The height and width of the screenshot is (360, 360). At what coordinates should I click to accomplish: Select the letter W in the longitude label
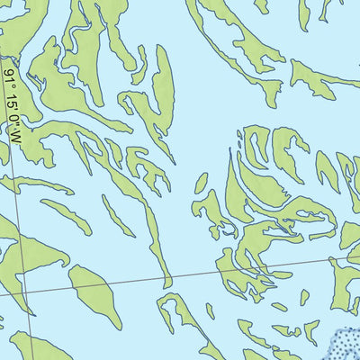[x=16, y=138]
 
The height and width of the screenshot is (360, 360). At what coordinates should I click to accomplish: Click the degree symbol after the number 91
[x=10, y=84]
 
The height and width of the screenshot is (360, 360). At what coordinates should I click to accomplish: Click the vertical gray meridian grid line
[x=20, y=225]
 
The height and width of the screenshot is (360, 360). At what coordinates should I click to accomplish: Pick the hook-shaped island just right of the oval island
[x=180, y=315]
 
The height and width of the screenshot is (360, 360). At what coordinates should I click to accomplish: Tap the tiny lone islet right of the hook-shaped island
[x=210, y=311]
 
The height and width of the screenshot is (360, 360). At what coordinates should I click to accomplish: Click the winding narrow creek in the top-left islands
[x=76, y=36]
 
